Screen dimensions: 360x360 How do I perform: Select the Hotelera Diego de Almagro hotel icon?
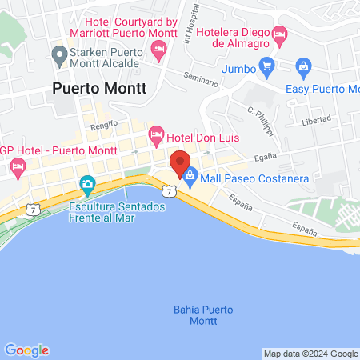tap(279, 33)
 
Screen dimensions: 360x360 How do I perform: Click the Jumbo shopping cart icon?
tap(266, 67)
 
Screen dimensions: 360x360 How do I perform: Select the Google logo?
tap(26, 350)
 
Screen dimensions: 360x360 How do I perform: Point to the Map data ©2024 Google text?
tap(311, 354)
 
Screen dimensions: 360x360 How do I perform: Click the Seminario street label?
tap(200, 82)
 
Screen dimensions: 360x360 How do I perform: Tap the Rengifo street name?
tap(103, 124)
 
